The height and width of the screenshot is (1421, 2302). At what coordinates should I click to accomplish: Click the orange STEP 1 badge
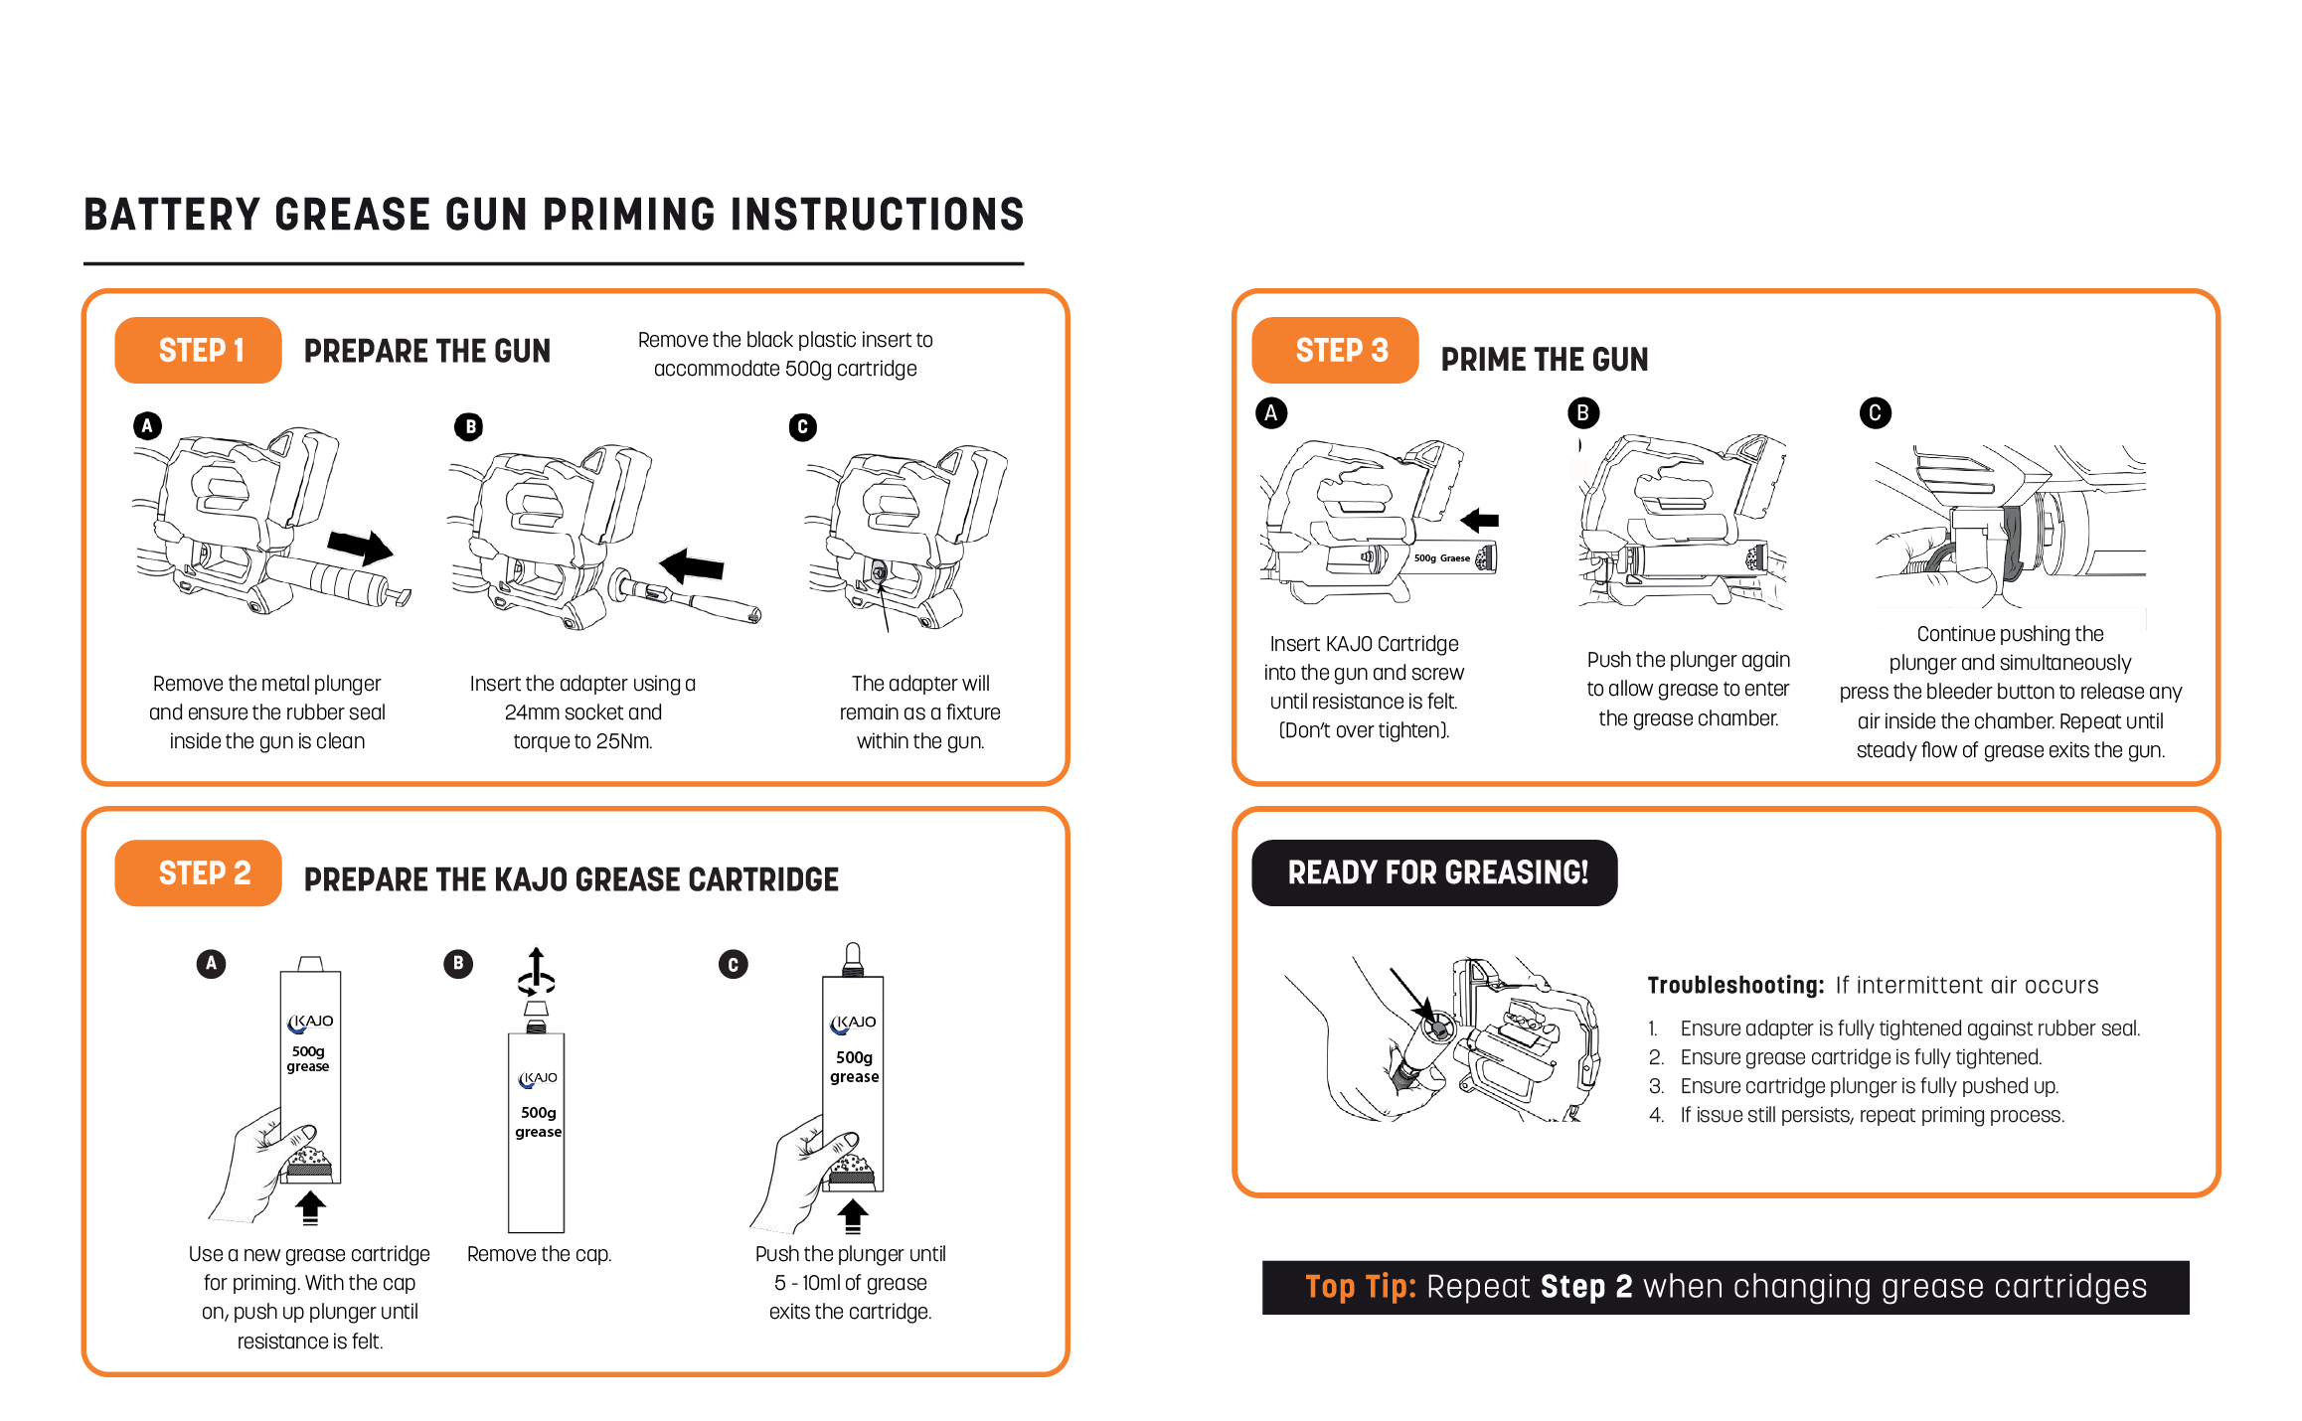[x=198, y=350]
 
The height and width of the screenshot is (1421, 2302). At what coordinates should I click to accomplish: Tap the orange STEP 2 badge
[x=198, y=872]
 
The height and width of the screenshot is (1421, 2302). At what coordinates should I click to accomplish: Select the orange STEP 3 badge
[x=1334, y=350]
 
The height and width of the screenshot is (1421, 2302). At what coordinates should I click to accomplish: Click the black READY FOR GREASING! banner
[x=1433, y=872]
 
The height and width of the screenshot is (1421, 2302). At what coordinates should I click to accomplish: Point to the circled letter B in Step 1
[x=469, y=427]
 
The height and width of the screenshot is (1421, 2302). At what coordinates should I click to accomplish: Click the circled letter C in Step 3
[x=1875, y=413]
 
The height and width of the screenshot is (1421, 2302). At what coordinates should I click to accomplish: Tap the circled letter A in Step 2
[x=211, y=963]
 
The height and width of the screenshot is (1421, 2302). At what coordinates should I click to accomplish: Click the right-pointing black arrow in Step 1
[x=360, y=547]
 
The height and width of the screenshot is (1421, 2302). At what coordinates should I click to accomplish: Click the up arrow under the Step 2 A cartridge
[x=310, y=1207]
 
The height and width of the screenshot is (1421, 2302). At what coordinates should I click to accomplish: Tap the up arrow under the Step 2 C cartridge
[x=853, y=1215]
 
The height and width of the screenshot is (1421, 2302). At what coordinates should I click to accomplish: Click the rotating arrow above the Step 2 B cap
[x=536, y=973]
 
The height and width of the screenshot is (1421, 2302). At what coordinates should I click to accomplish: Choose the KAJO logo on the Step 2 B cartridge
[x=538, y=1078]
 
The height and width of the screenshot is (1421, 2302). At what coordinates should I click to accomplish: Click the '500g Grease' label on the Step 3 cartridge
[x=1441, y=558]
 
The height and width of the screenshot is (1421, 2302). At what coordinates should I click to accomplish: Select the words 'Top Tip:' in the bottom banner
[x=1360, y=1287]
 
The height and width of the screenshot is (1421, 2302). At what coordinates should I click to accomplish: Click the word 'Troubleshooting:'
[x=1735, y=985]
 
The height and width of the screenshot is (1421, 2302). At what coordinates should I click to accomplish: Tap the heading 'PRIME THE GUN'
[x=1545, y=360]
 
